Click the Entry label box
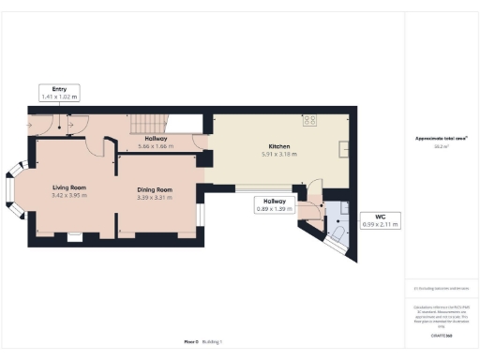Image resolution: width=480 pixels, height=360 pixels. coord(57,92)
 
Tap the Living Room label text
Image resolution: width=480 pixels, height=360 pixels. coord(68,187)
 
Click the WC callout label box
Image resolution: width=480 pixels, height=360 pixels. coord(381,221)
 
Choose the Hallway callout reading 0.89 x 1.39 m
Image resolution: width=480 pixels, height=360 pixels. coord(275,204)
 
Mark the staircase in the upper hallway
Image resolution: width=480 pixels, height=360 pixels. coord(148,122)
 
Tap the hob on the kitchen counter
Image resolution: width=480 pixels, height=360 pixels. coord(309,120)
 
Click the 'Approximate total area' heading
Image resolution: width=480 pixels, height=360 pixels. coord(441,139)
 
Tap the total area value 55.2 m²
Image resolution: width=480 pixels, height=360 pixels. coord(441,146)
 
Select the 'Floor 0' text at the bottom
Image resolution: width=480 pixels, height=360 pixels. coord(191,343)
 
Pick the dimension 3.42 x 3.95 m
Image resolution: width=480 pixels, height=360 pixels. coord(68,195)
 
